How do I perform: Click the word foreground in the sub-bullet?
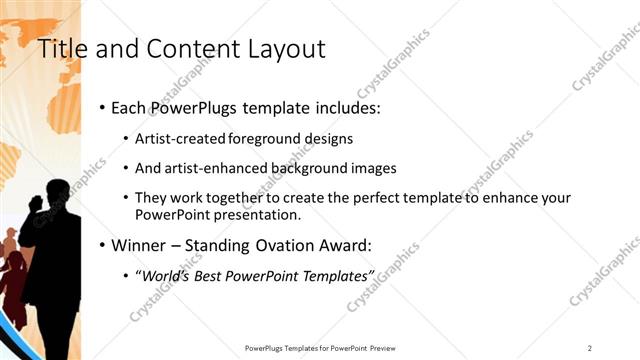point(263,138)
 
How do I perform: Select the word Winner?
point(138,245)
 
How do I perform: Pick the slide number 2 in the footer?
point(590,347)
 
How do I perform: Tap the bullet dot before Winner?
point(102,245)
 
